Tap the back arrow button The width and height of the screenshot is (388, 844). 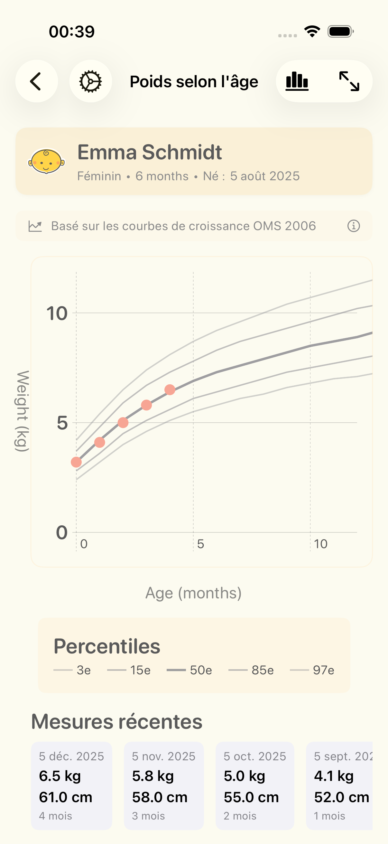click(x=36, y=81)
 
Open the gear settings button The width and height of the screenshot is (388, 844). click(x=90, y=81)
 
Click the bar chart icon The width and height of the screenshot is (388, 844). click(x=297, y=81)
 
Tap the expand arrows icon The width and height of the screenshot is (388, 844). click(x=349, y=81)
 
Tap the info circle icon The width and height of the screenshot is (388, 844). click(x=353, y=226)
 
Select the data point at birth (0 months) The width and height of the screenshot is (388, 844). click(x=76, y=462)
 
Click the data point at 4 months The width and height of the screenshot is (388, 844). click(x=170, y=390)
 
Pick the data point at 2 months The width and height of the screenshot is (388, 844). click(x=123, y=423)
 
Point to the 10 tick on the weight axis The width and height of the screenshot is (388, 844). click(x=57, y=314)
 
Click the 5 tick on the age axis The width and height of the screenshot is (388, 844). click(x=200, y=544)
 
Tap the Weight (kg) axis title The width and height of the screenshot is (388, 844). click(x=22, y=411)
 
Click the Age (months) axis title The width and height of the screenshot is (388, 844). click(x=193, y=593)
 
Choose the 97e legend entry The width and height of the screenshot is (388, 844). click(x=312, y=671)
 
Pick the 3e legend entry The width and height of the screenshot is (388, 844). click(x=72, y=671)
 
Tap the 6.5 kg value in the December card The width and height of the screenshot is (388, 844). click(x=60, y=776)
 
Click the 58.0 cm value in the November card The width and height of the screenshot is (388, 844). click(x=160, y=797)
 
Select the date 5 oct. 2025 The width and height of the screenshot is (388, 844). click(x=255, y=756)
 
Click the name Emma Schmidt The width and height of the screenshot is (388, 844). click(x=150, y=152)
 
